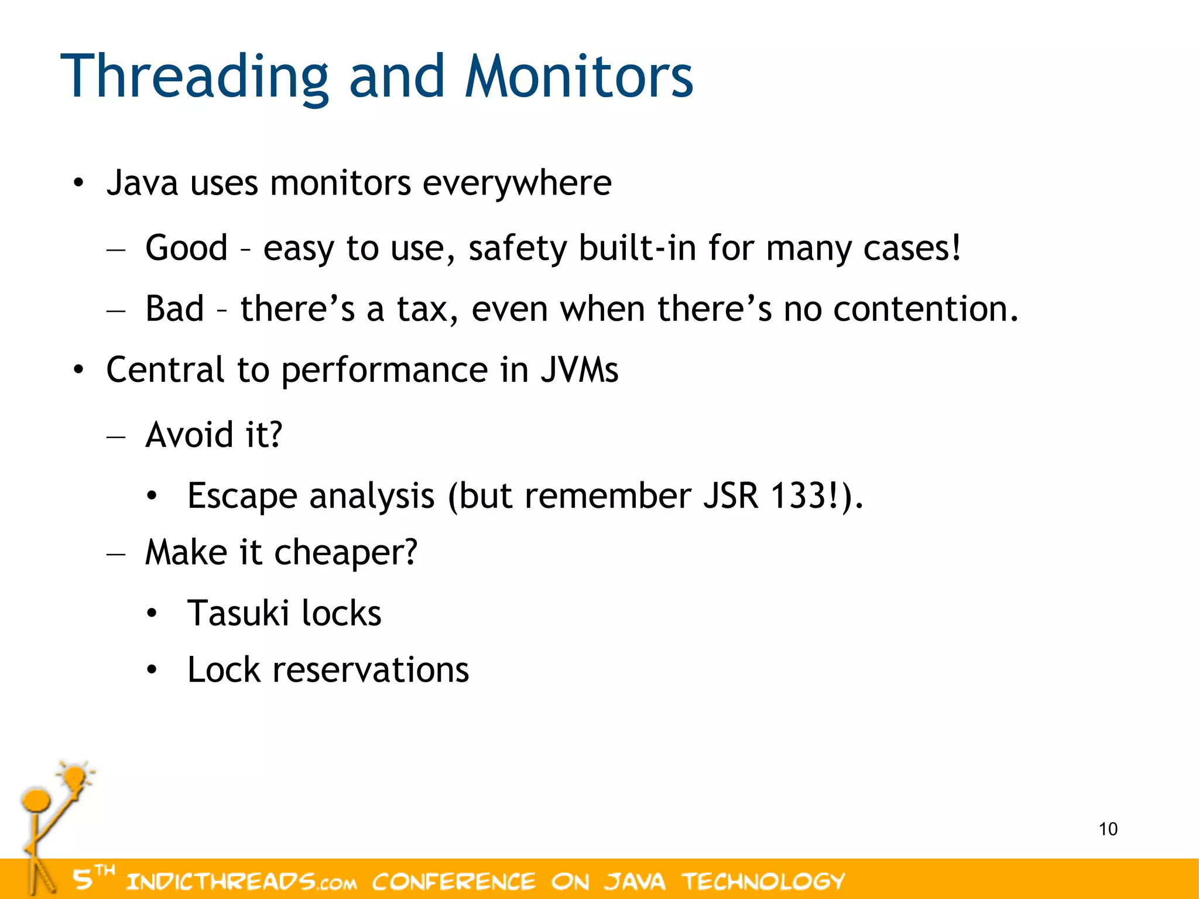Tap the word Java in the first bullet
coord(142,183)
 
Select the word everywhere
coord(517,183)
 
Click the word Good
coord(186,248)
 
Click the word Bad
coord(174,309)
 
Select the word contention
coord(925,309)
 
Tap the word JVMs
coord(578,370)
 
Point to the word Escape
coord(242,497)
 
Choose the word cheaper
coord(345,553)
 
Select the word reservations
coord(371,670)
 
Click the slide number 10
coord(1108,829)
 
